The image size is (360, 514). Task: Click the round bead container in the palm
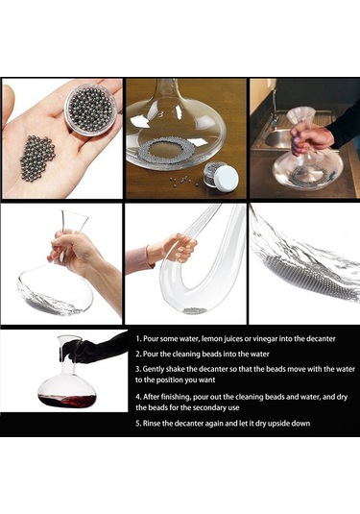91,110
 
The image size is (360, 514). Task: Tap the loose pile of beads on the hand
37,158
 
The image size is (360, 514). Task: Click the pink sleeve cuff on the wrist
139,260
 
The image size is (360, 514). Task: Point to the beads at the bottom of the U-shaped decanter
195,310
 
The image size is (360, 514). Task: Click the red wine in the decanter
68,401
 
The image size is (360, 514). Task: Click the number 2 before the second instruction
137,354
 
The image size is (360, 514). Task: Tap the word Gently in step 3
154,370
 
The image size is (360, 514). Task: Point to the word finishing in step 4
176,397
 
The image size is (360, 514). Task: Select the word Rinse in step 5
152,423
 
